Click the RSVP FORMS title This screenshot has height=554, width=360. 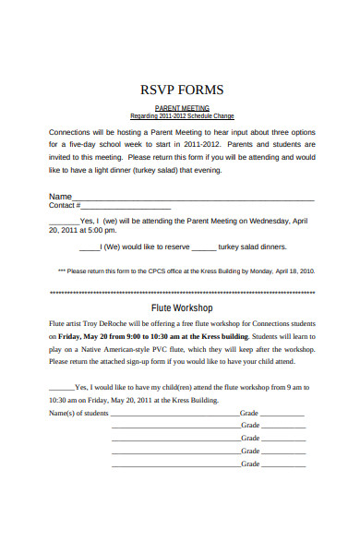[181, 90]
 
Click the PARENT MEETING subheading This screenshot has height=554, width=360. [181, 108]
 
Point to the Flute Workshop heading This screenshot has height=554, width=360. [181, 307]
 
